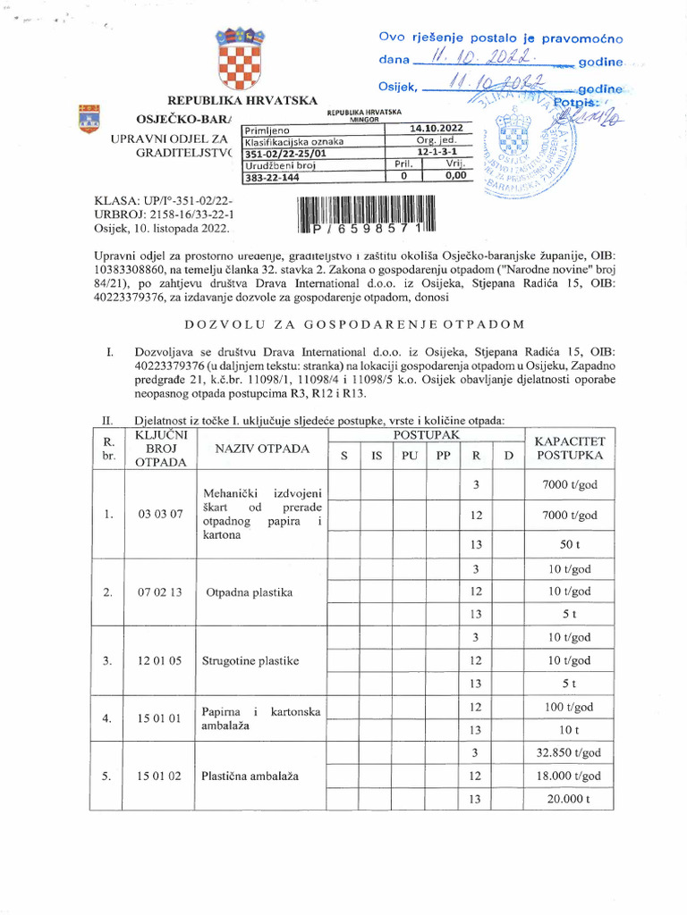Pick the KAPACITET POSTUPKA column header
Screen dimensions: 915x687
point(570,448)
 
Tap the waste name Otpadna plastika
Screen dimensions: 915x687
point(250,592)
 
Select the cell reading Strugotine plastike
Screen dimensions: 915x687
point(250,660)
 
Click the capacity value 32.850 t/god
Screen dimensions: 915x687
point(569,752)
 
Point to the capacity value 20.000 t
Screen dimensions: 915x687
point(569,799)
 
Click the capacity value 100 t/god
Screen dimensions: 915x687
point(569,707)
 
